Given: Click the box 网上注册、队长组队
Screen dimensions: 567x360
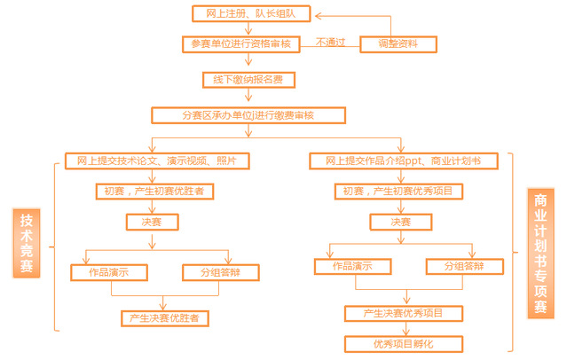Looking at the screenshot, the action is [251, 13].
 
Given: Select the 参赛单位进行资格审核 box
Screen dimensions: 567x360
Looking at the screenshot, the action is [241, 44].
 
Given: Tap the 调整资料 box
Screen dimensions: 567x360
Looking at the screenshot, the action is [398, 44].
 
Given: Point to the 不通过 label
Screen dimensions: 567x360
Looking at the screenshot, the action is [330, 43].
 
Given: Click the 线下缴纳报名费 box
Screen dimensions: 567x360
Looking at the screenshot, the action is [248, 80].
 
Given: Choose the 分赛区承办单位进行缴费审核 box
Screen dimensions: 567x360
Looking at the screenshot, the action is [248, 115].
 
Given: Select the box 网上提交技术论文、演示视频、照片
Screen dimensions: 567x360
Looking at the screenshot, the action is [157, 160].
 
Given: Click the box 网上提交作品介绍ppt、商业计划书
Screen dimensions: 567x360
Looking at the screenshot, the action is [404, 160].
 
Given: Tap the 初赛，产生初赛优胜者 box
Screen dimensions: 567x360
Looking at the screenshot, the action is [154, 192].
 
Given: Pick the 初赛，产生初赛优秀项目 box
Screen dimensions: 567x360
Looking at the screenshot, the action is [399, 192].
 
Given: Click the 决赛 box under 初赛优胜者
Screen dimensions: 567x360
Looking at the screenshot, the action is [153, 222].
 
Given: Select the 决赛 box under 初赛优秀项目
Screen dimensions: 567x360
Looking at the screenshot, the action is [401, 222].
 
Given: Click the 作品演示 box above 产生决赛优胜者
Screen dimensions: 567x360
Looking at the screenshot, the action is [109, 272].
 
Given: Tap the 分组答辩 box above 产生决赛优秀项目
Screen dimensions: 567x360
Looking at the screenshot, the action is [465, 267].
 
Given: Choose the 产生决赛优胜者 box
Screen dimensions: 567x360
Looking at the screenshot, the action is [165, 318].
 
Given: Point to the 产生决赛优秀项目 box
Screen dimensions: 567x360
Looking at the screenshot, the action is [404, 313].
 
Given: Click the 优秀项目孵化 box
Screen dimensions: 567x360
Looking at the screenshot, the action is [404, 344].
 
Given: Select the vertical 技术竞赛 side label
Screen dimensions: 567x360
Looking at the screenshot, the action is [27, 243].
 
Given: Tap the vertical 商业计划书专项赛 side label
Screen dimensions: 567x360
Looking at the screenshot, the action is [540, 254].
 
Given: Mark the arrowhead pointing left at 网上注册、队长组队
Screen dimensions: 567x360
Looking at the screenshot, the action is [318, 16].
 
